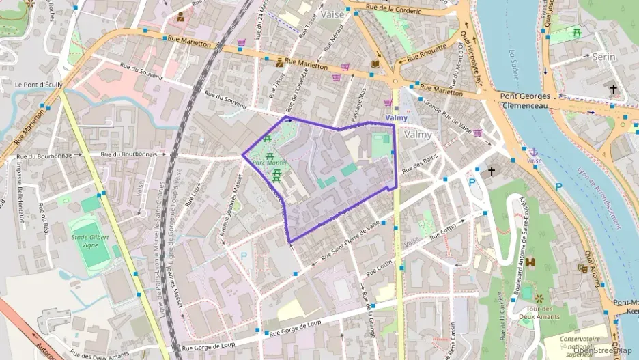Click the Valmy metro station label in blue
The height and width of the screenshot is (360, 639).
pos(396,117)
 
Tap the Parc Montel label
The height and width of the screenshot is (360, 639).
pos(268,163)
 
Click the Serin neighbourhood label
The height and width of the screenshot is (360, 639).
pos(603,57)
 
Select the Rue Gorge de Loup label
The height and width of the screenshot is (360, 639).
pos(295,330)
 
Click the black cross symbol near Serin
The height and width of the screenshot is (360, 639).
pos(613,89)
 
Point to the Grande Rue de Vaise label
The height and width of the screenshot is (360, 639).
pos(448,116)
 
